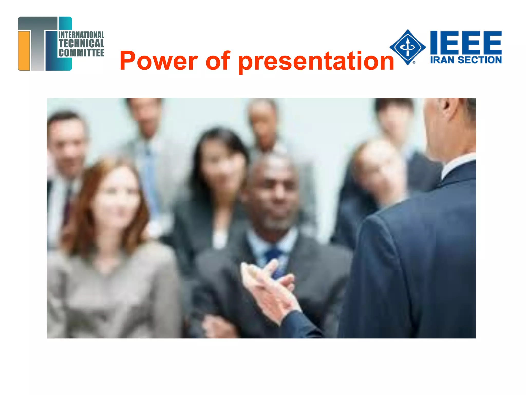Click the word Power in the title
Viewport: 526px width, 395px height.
point(159,61)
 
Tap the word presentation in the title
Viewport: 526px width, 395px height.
point(316,62)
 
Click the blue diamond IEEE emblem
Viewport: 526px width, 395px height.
point(408,47)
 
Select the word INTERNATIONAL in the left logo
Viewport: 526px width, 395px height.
point(81,35)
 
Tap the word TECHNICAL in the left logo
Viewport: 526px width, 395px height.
point(81,43)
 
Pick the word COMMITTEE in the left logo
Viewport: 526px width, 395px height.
point(81,53)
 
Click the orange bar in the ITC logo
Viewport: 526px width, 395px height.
point(24,50)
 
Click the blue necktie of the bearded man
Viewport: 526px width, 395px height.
point(275,260)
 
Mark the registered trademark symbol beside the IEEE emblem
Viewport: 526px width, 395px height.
point(414,62)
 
